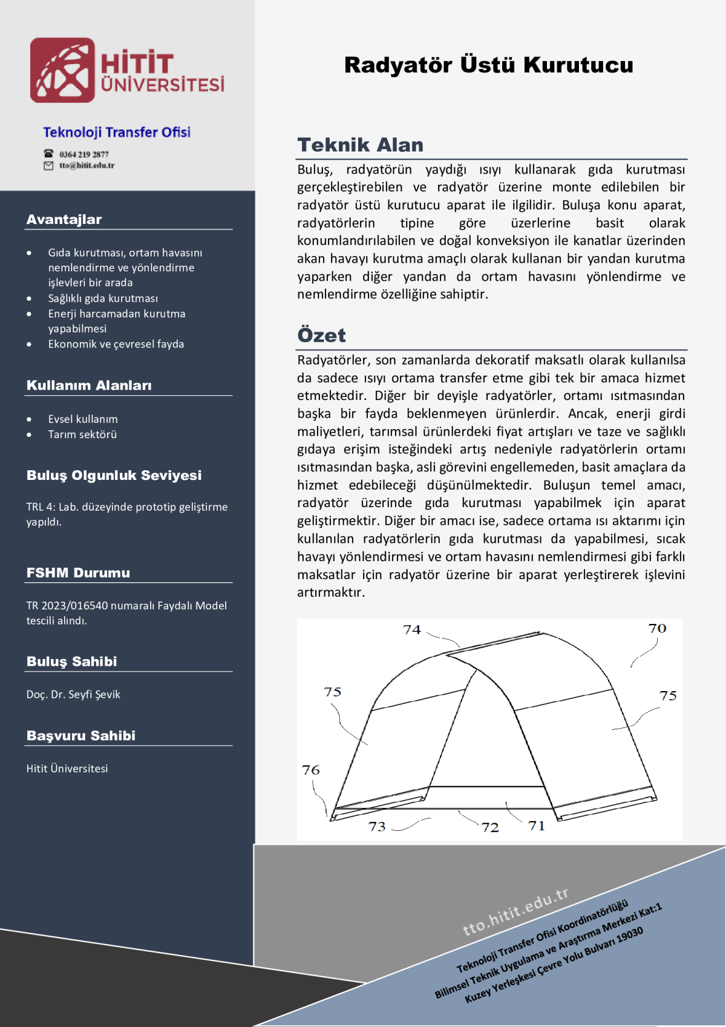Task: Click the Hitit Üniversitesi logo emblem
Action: (x=62, y=70)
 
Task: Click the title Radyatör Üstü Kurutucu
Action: (x=488, y=65)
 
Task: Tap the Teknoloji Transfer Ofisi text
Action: (x=117, y=132)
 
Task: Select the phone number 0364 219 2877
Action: (x=84, y=154)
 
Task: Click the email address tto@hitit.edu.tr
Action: (x=87, y=165)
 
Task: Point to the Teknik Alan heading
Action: (x=360, y=145)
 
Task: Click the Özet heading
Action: (x=321, y=335)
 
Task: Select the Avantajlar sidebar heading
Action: (x=64, y=219)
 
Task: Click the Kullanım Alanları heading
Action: (x=89, y=386)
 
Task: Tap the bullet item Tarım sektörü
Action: (x=82, y=434)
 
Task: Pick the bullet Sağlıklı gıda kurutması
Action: (x=103, y=298)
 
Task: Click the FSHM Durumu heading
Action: (x=78, y=573)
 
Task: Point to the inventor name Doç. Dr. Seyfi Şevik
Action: (x=73, y=694)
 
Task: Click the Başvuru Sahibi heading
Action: (x=81, y=735)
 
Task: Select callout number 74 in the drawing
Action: (x=412, y=629)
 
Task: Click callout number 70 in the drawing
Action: (x=657, y=628)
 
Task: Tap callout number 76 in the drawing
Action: (x=311, y=770)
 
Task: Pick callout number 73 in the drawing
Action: (x=377, y=826)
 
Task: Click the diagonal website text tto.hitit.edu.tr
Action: (x=515, y=911)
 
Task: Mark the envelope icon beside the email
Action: (x=48, y=166)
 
